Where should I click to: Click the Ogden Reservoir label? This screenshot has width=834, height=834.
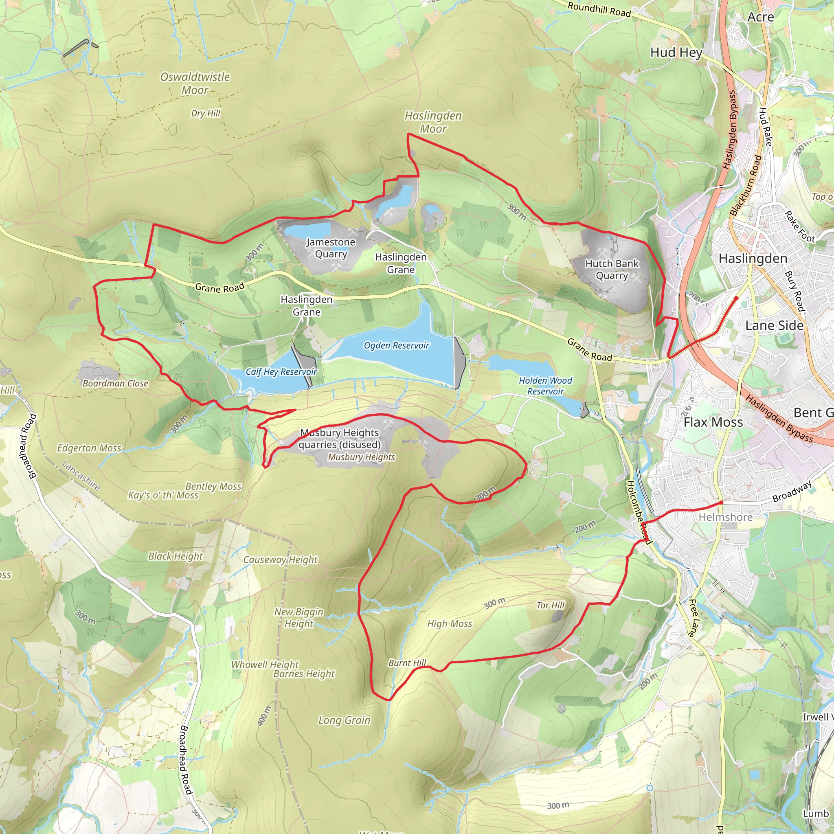coord(396,345)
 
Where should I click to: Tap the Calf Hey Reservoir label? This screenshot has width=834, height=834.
coord(281,372)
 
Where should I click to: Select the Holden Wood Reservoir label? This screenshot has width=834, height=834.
coord(545,386)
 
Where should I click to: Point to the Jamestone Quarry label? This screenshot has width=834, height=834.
coord(331,248)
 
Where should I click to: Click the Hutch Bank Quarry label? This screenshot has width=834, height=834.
coord(612,269)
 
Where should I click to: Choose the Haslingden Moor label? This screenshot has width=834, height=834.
coord(433,122)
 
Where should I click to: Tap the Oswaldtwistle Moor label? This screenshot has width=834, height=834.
coord(195,83)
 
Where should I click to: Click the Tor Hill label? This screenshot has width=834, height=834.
coord(551,605)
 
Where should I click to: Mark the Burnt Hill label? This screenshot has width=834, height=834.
coord(407,663)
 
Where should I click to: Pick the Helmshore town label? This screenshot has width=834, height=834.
coord(726,517)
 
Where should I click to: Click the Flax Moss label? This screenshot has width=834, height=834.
coord(713,422)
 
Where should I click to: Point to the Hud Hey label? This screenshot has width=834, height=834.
coord(676,53)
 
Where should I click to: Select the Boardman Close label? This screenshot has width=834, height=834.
coord(115,383)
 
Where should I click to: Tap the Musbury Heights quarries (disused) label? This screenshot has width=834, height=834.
coord(340,439)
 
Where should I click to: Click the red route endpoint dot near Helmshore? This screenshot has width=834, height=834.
coord(721,503)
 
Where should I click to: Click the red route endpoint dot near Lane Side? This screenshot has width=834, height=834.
coord(736,298)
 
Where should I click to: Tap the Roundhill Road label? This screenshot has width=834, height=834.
coord(599,9)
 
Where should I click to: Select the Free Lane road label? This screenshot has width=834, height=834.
coord(693,618)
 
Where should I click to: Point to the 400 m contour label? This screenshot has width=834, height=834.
coord(264,716)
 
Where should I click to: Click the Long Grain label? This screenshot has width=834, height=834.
coord(344,720)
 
